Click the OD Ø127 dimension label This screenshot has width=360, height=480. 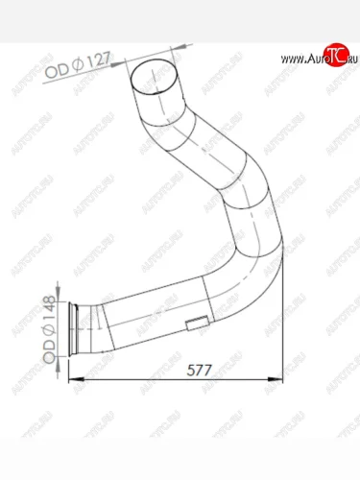tap(78, 65)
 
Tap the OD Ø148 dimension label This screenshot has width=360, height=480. tap(49, 329)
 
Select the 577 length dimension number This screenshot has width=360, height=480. tap(199, 371)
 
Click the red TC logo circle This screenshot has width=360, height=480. tap(336, 55)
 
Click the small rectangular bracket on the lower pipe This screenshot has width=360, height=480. tap(198, 323)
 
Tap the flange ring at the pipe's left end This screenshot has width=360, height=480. tap(73, 328)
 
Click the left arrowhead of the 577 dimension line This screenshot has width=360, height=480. tap(76, 379)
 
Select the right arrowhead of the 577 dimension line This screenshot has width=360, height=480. tap(276, 379)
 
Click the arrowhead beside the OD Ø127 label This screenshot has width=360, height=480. tap(118, 64)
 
